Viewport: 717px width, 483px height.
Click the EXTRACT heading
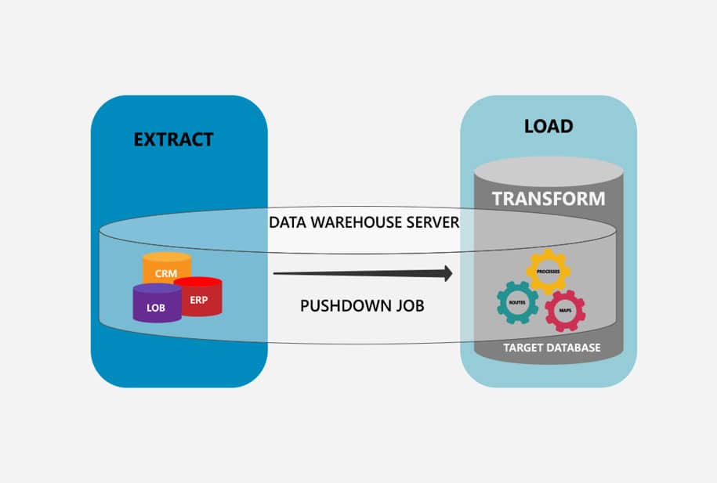click(173, 140)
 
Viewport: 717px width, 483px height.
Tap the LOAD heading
click(549, 126)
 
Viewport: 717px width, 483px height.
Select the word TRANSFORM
click(549, 198)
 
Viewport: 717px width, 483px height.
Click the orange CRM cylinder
click(166, 266)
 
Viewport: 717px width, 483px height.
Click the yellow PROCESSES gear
click(548, 271)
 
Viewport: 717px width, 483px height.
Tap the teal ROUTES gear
click(517, 302)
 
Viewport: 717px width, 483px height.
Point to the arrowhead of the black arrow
click(448, 273)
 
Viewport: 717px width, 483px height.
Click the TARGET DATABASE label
click(552, 347)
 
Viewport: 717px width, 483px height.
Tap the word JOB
click(407, 305)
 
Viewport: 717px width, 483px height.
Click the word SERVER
click(432, 222)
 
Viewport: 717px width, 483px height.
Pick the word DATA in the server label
click(287, 222)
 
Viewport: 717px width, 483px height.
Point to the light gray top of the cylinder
click(549, 169)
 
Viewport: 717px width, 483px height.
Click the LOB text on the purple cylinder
click(156, 308)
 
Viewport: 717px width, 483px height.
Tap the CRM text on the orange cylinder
click(165, 273)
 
